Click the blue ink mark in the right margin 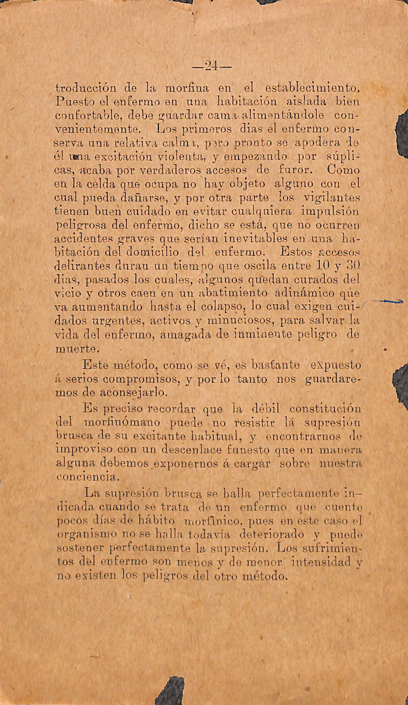(x=388, y=301)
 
